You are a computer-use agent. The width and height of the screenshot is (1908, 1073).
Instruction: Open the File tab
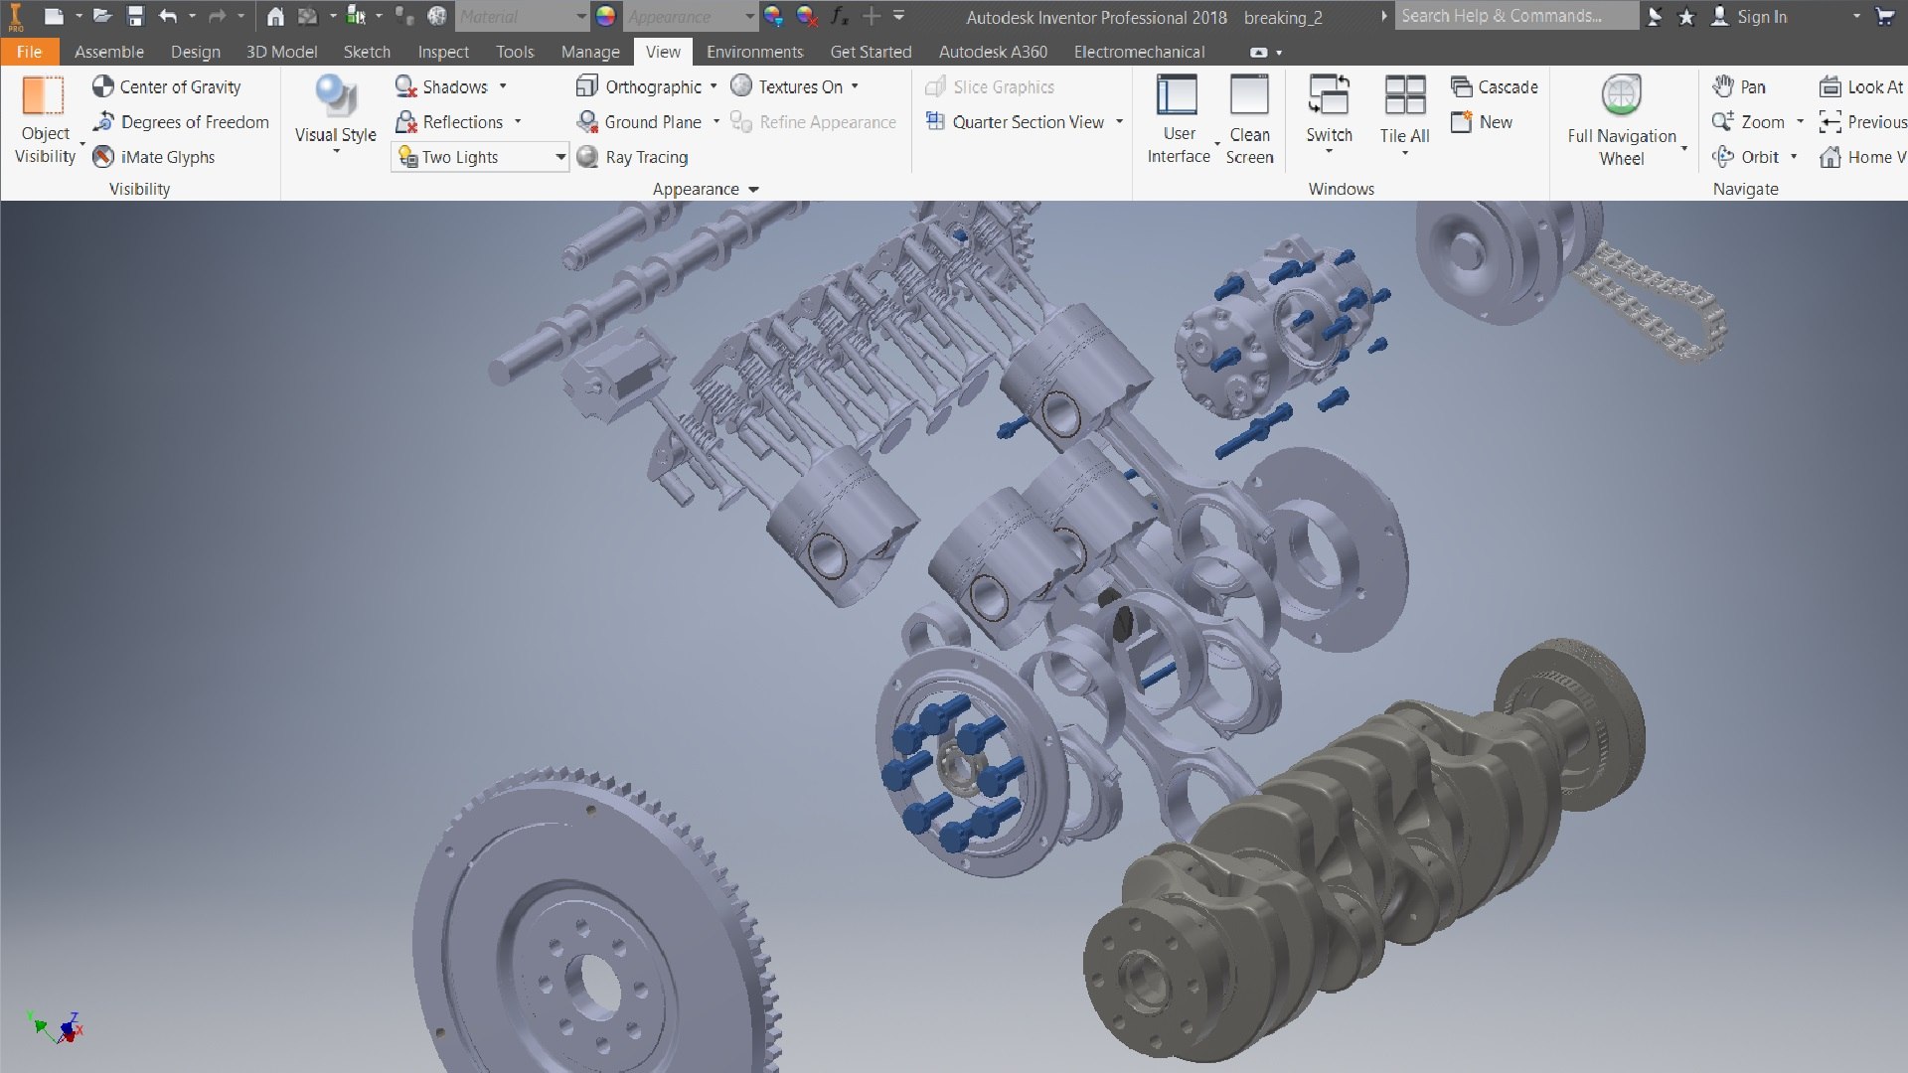(29, 52)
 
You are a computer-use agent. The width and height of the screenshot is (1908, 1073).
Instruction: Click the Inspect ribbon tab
(442, 52)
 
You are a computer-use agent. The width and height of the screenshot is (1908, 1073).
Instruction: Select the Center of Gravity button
(167, 86)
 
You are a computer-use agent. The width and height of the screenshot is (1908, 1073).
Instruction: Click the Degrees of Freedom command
(181, 122)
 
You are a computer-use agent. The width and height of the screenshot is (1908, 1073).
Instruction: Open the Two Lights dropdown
(559, 157)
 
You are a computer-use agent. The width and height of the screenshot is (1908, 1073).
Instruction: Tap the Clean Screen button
(1249, 117)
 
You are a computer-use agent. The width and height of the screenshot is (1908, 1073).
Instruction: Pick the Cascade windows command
(1495, 86)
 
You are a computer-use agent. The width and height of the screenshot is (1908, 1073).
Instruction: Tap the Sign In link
(1761, 17)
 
